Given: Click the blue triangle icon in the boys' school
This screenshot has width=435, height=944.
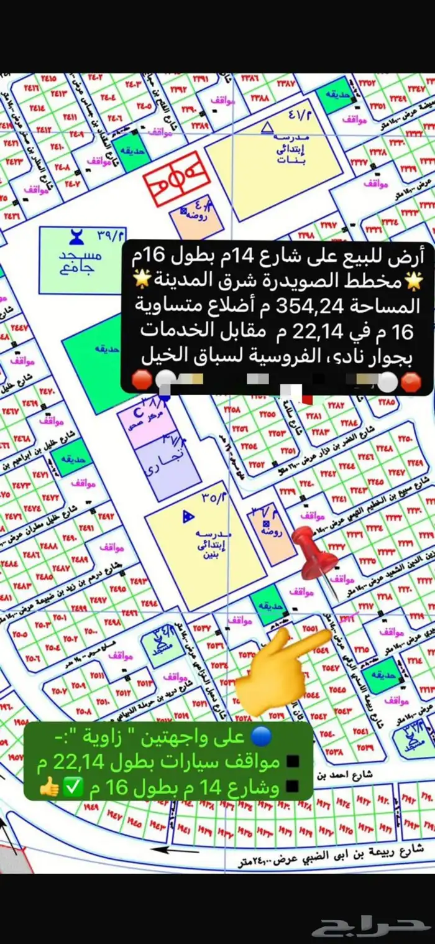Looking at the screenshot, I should pos(187,516).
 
